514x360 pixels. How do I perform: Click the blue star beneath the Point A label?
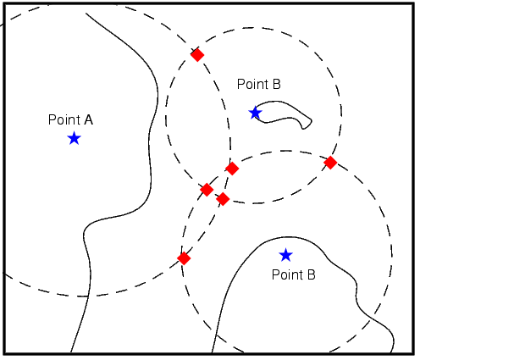[74, 138]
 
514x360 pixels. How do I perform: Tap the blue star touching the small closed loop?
[255, 113]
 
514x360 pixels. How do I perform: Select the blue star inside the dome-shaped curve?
[285, 255]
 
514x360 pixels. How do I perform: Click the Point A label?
[70, 119]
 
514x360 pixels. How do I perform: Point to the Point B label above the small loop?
[259, 84]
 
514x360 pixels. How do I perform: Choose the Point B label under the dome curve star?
[294, 274]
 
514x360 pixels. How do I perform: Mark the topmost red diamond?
[197, 55]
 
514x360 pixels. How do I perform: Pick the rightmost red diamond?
[330, 163]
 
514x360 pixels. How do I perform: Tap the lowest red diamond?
[184, 258]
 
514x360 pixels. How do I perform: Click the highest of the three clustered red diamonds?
[232, 169]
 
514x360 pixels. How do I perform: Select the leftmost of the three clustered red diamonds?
[207, 189]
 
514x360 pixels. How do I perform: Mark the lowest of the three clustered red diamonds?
[223, 199]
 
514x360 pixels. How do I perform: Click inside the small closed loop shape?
[282, 112]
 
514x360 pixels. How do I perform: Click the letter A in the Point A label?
[89, 119]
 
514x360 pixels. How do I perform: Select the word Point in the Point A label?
[64, 119]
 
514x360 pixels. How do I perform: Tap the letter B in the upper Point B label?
[277, 84]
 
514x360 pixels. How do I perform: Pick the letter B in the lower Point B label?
[312, 274]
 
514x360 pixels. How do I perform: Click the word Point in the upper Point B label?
[252, 84]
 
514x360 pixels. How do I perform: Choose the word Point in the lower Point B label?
[287, 274]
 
